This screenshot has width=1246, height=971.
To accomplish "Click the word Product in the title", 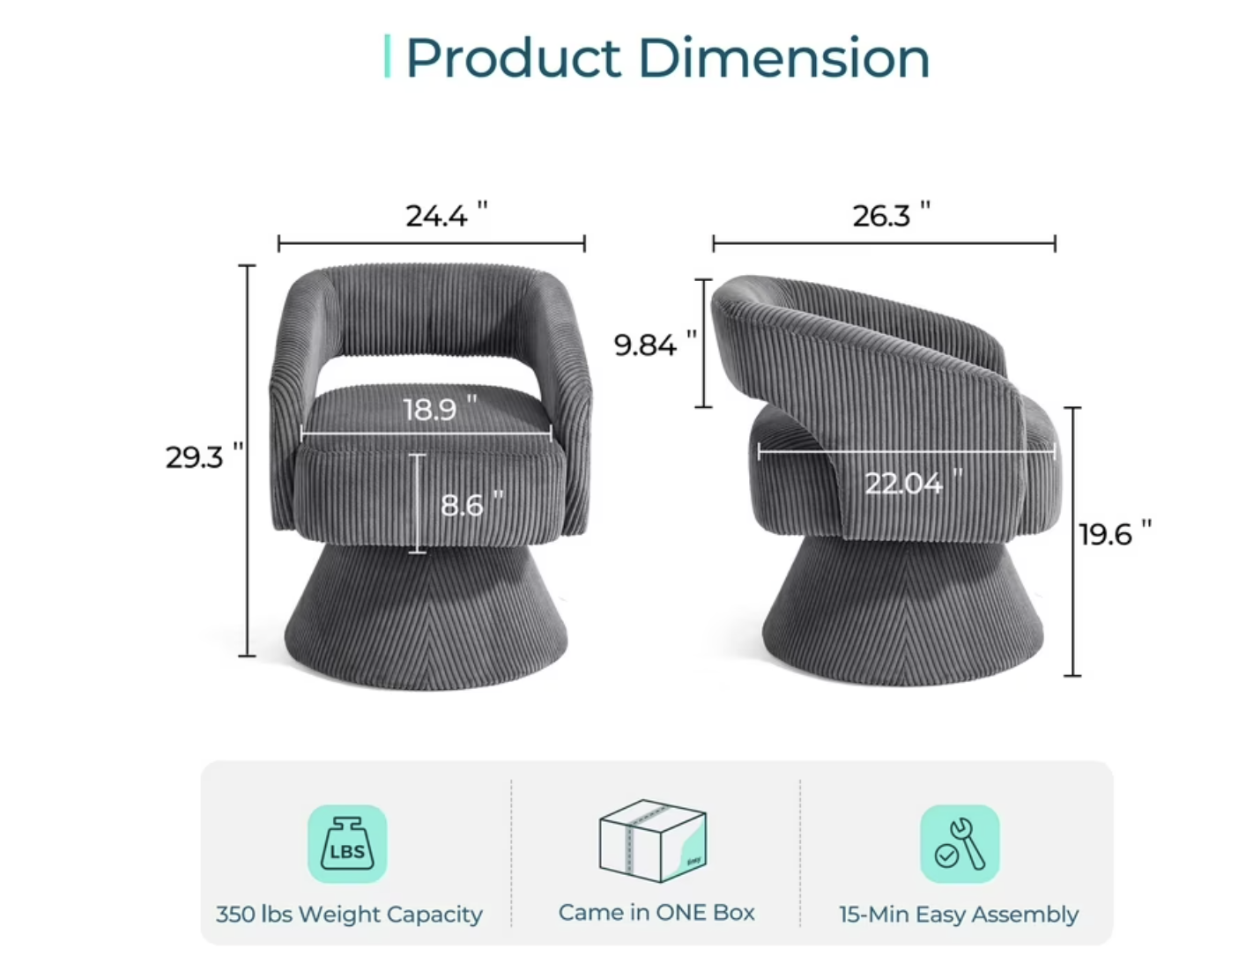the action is [x=513, y=58].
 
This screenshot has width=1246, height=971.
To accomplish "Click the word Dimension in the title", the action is [x=784, y=58].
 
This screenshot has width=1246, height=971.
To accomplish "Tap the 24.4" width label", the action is [x=447, y=216].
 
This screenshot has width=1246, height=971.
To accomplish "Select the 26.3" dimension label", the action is [x=891, y=216].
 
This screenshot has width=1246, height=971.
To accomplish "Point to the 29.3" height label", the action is [x=204, y=456].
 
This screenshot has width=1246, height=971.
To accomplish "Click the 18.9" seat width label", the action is [x=440, y=408].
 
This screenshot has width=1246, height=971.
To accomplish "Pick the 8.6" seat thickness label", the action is [x=472, y=504].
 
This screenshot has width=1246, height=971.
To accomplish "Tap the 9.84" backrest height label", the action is [x=656, y=344].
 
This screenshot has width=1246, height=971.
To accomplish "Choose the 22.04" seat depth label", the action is [x=914, y=482].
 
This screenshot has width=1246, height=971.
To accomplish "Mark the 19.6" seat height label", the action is [x=1116, y=534].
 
